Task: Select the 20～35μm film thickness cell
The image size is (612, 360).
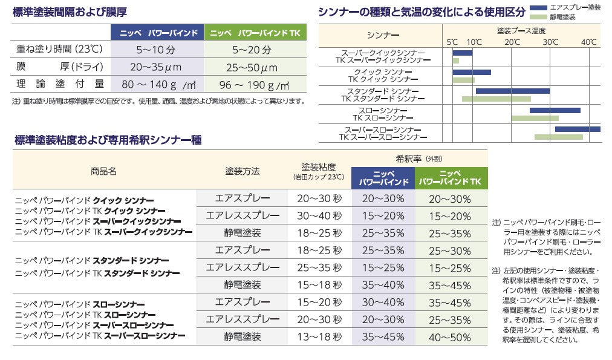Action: click(155, 67)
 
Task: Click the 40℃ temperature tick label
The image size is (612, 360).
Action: click(588, 42)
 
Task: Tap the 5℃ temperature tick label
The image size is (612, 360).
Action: click(452, 42)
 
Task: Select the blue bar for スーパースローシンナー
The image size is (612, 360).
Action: click(577, 129)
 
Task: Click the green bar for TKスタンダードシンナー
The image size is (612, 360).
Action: click(496, 99)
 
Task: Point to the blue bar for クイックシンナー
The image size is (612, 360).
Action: click(472, 72)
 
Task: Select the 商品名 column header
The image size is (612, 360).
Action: click(103, 171)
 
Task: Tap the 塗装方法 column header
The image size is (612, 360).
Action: click(242, 171)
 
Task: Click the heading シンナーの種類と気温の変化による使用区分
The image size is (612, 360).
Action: click(421, 11)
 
